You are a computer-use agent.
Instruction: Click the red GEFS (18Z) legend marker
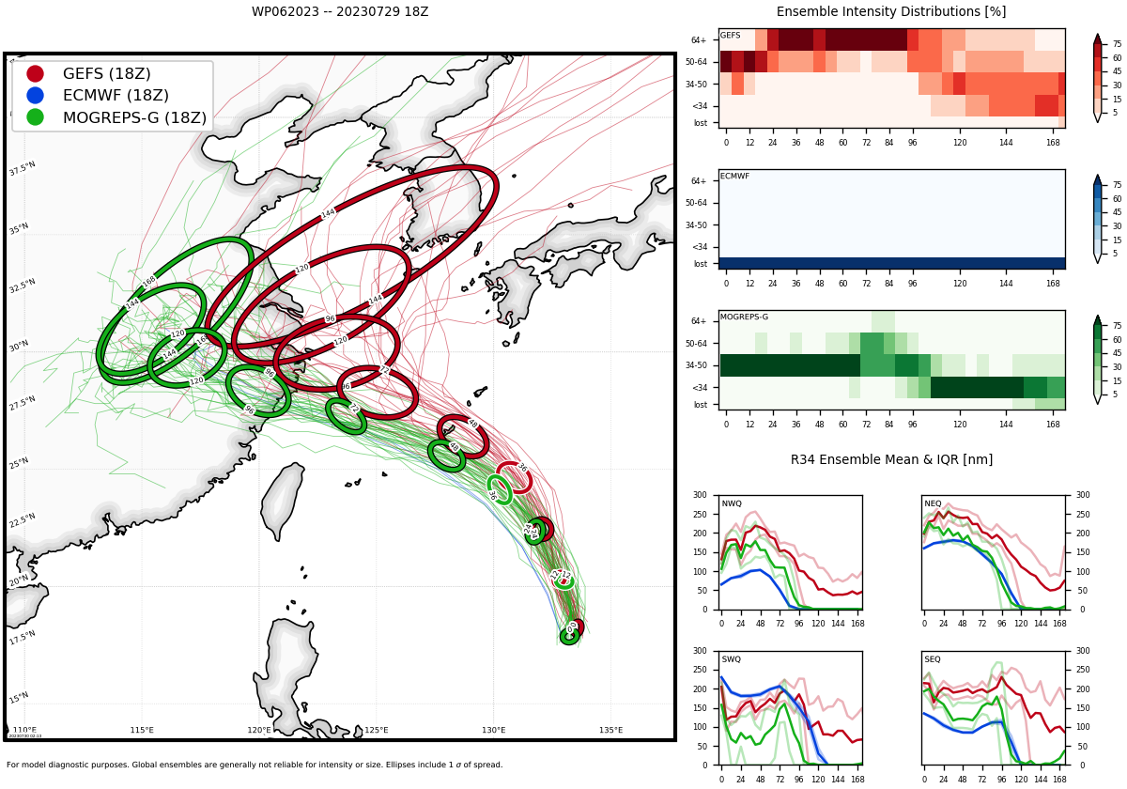point(35,73)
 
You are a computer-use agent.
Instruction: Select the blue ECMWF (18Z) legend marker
point(35,95)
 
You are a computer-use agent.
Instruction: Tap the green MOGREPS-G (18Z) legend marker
point(35,117)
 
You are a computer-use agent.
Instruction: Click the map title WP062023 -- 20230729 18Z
point(340,12)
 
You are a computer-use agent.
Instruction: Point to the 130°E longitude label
point(494,730)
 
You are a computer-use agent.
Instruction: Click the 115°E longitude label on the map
point(142,730)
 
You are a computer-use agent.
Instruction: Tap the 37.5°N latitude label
point(23,169)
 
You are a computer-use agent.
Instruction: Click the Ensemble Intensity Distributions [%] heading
point(891,12)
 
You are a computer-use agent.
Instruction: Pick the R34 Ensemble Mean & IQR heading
point(891,460)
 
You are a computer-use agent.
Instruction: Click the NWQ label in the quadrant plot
point(732,503)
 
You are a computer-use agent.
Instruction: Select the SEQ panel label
point(933,659)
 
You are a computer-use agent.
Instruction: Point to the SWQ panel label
point(732,659)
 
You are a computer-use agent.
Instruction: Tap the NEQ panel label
point(933,503)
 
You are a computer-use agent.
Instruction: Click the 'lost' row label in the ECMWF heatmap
point(700,264)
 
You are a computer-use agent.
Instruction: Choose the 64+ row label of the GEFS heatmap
point(699,40)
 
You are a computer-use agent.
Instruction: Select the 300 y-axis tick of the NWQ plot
point(699,495)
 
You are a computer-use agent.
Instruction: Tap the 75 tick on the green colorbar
point(1118,325)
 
